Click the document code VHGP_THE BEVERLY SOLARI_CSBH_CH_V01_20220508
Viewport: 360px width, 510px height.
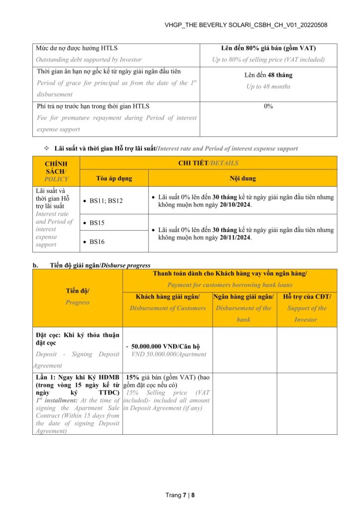245,25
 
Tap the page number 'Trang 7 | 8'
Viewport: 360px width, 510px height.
180,495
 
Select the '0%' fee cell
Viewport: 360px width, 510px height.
268,106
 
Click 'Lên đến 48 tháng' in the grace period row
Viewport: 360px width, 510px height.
268,75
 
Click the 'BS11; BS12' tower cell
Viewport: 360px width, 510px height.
106,201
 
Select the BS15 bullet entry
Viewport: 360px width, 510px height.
97,223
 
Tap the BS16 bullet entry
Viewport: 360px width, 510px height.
97,242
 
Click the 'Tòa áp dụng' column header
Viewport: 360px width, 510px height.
114,178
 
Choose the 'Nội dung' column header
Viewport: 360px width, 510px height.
242,178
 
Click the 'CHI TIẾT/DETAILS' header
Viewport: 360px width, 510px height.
208,163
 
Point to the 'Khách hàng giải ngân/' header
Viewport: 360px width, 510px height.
167,297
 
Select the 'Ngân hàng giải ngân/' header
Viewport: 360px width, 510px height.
244,297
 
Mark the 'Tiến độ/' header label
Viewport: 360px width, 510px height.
77,291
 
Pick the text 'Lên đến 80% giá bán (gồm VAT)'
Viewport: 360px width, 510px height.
268,48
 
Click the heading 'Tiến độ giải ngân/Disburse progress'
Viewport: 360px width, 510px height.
100,265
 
